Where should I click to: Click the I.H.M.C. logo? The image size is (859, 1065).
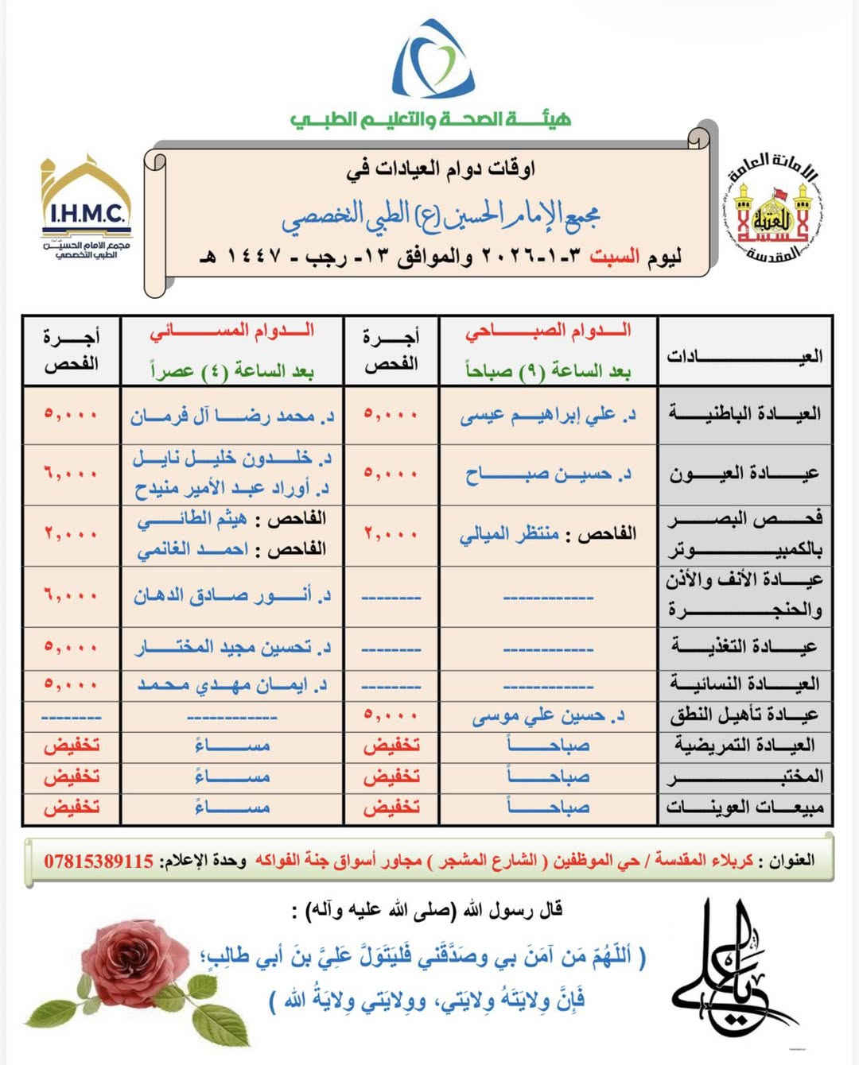(x=87, y=208)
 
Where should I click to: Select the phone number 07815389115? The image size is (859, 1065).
(x=99, y=861)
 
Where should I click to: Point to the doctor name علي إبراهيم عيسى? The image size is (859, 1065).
(x=546, y=415)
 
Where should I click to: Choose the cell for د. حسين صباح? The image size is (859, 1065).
(x=548, y=474)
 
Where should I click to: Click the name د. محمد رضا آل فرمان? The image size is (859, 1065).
(x=232, y=416)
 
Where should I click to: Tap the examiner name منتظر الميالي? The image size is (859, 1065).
(x=509, y=534)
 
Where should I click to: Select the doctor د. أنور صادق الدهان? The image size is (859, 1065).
(x=232, y=595)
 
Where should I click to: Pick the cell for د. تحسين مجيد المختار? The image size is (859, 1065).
(x=232, y=648)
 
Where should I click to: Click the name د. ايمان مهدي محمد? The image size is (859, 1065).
(x=232, y=684)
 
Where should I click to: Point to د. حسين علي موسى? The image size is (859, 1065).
(x=548, y=716)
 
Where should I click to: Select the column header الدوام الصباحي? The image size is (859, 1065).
(x=548, y=331)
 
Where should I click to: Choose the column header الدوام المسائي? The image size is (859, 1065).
(x=232, y=331)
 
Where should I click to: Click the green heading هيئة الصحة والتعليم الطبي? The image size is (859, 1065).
(x=430, y=119)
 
